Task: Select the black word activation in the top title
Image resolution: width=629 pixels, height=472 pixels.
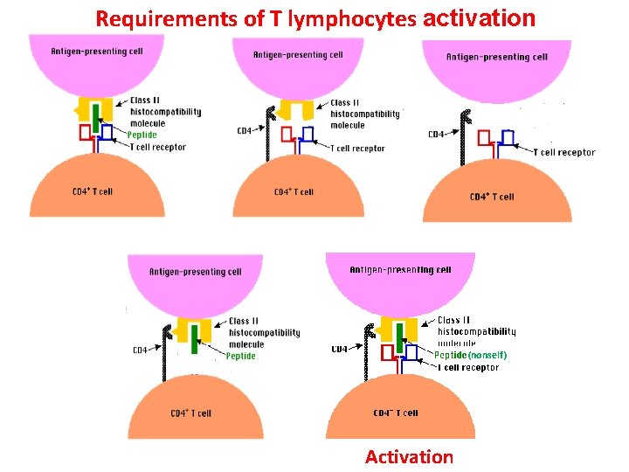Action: coord(478,17)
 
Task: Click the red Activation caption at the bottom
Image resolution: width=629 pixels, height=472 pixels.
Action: coord(409,457)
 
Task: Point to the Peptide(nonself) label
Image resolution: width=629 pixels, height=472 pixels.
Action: coord(470,355)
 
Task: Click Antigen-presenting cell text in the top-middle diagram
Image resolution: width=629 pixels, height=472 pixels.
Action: coord(297,55)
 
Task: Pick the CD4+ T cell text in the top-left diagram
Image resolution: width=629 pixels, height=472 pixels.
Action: coord(93,191)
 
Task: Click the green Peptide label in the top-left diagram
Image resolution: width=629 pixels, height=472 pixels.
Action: coord(142,135)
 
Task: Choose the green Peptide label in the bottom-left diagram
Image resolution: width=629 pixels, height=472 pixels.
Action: coord(240,356)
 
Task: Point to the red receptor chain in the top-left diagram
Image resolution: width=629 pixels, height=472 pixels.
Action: coord(86,134)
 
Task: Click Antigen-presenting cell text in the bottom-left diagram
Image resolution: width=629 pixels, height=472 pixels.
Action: coord(195,272)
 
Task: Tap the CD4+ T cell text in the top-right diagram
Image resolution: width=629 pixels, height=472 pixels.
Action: coord(492,197)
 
